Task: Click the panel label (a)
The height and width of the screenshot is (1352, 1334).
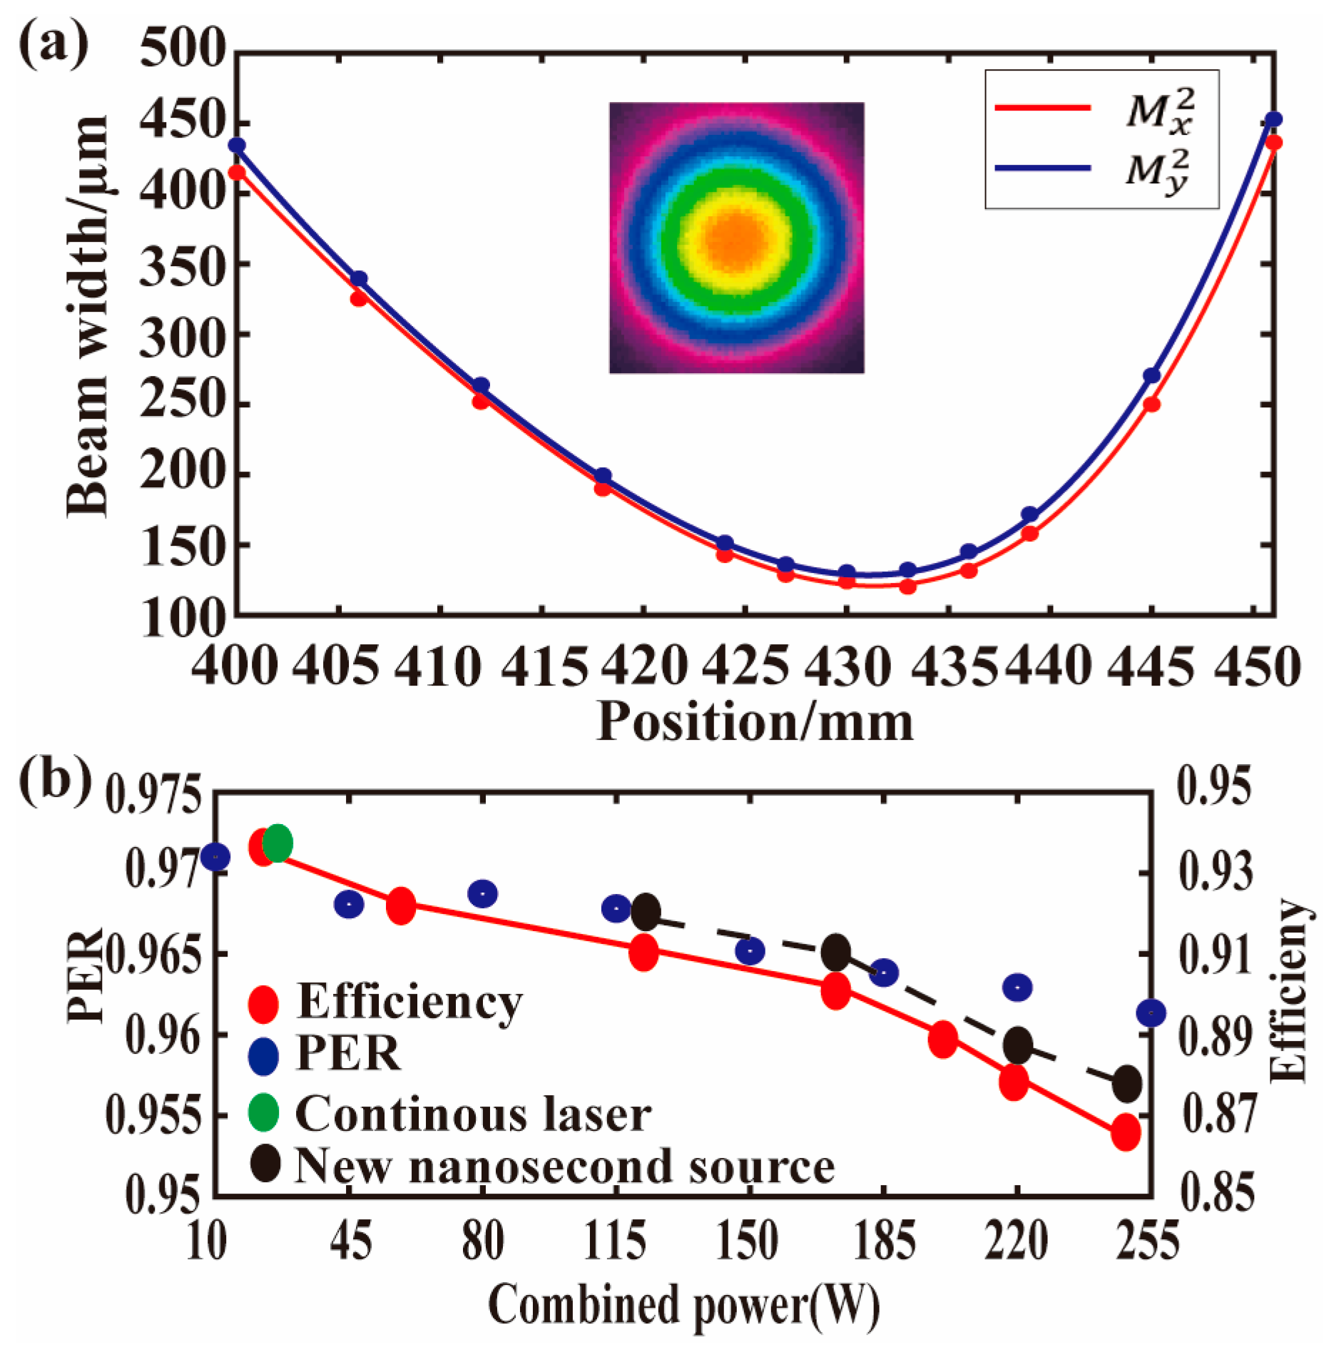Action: pos(53,44)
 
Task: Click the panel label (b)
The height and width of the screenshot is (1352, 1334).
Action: pos(53,780)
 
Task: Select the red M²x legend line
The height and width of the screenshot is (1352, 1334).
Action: pos(1042,108)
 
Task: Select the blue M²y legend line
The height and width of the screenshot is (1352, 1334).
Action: pos(1042,168)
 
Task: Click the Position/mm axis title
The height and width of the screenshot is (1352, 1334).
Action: pos(754,721)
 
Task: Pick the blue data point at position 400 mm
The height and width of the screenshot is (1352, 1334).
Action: pos(237,146)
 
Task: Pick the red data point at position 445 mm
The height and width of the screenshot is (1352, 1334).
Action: pos(1151,405)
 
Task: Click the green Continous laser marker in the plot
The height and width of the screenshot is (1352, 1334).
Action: pos(278,844)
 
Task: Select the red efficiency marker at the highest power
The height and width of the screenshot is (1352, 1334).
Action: pos(1126,1133)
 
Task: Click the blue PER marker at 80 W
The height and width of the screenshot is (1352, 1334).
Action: pos(483,894)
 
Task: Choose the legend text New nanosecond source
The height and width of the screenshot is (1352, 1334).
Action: pos(564,1167)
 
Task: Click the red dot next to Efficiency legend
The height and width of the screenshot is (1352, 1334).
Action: pos(263,1002)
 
